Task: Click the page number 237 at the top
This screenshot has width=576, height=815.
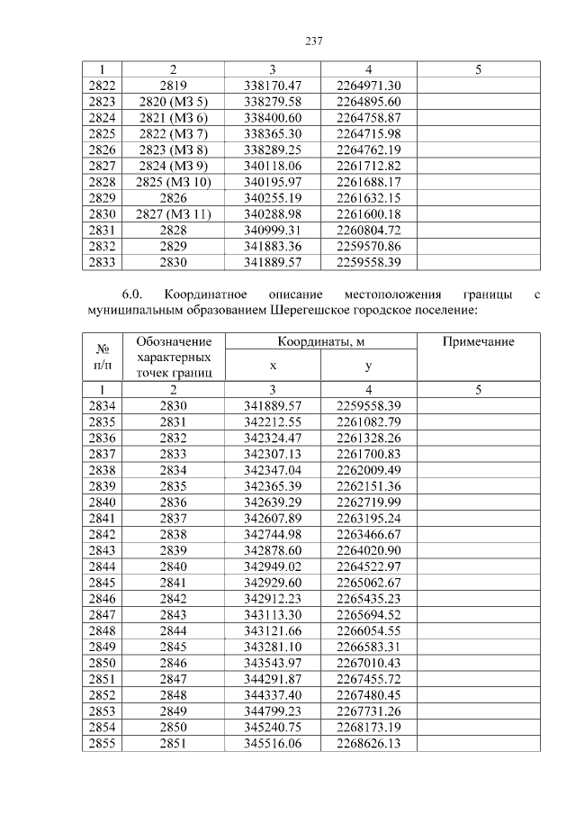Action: pos(314,41)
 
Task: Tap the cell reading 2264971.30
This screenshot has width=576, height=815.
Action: pos(368,86)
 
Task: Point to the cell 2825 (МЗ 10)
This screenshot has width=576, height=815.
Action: pos(174,182)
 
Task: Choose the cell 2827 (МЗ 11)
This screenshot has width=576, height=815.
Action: pos(174,214)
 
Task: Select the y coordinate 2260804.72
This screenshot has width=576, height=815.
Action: pos(368,231)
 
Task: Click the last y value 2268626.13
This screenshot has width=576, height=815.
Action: pos(368,744)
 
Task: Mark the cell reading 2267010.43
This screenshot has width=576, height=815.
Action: pos(368,663)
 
